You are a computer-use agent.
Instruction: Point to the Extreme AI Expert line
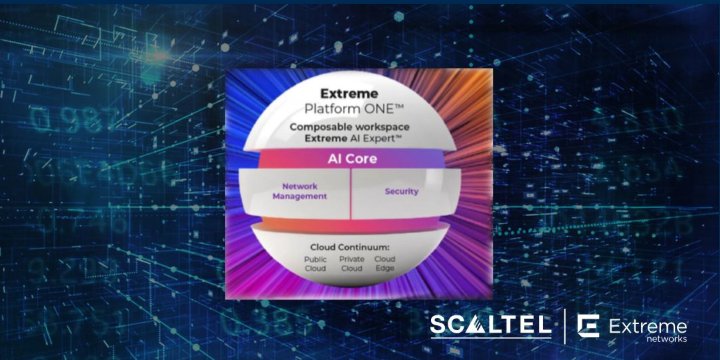(x=345, y=140)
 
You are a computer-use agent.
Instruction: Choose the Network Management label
(x=305, y=191)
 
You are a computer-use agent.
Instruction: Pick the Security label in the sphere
(x=401, y=190)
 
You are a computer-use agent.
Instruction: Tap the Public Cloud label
(x=316, y=263)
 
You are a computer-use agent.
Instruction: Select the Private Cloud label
(x=351, y=263)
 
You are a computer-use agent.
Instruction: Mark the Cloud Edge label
(x=385, y=263)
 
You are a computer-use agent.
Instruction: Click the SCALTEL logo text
(x=489, y=326)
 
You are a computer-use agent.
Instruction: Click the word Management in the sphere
(x=305, y=197)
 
